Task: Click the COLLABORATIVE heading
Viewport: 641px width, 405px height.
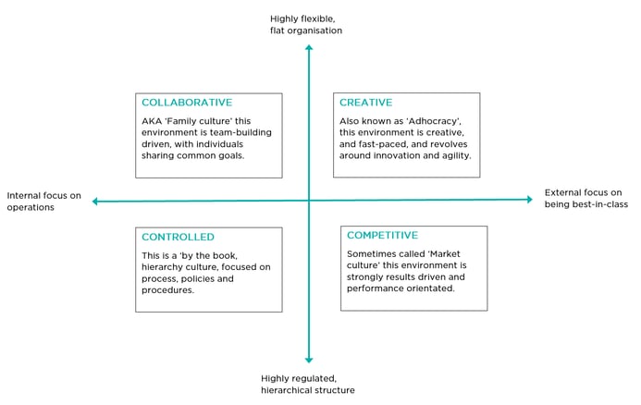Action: (187, 102)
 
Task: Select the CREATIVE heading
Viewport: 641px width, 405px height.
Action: (366, 102)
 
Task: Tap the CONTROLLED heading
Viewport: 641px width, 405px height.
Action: (178, 237)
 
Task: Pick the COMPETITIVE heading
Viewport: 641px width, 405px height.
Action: (383, 235)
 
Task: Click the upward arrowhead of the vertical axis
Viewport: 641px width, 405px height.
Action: (309, 48)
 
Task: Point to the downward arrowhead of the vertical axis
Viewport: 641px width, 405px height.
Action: (309, 360)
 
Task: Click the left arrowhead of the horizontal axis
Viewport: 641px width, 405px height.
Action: (95, 201)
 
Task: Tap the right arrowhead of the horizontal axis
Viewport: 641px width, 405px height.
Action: (530, 200)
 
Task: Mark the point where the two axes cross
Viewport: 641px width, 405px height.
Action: (309, 201)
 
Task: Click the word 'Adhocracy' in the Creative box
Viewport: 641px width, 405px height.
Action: (434, 121)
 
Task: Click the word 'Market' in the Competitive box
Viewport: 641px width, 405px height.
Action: (443, 253)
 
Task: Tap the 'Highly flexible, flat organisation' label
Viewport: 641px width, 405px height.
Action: (306, 25)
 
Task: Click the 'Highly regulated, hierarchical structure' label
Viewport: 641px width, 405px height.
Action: (308, 384)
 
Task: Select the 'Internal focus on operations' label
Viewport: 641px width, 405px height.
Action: (43, 202)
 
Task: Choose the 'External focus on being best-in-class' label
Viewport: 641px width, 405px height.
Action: (586, 199)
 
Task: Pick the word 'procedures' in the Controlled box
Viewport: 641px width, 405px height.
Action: (167, 290)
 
